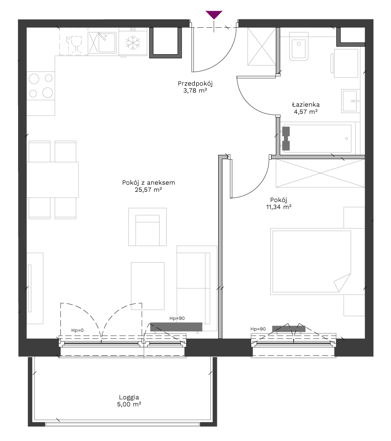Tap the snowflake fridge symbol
[x=133, y=43]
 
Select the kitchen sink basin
[x=107, y=43]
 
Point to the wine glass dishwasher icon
[x=74, y=44]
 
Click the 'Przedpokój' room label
[x=195, y=83]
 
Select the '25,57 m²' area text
[x=149, y=190]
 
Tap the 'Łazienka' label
[x=306, y=105]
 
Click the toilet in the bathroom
[x=298, y=46]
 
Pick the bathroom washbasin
[x=350, y=101]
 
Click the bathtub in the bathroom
[x=318, y=138]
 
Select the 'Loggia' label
[x=129, y=397]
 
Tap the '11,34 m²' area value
[x=279, y=207]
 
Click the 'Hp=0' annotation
[x=77, y=330]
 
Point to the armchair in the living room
[x=148, y=227]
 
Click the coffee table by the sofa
[x=148, y=286]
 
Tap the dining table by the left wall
[x=52, y=180]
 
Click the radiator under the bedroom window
[x=289, y=329]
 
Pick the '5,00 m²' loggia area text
[x=129, y=404]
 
